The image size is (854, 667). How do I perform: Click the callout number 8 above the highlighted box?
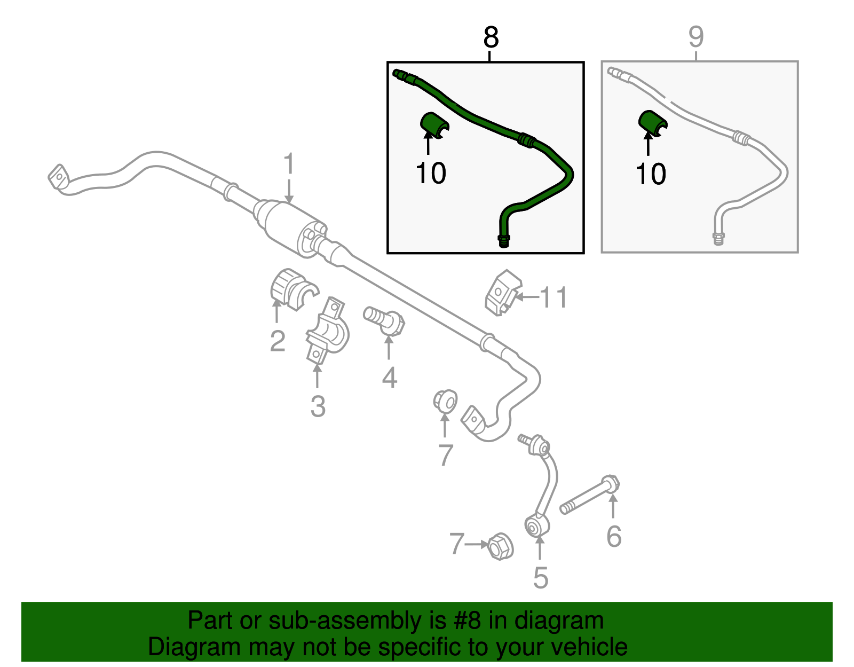pyautogui.click(x=491, y=38)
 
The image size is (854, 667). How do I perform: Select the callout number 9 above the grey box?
pyautogui.click(x=695, y=37)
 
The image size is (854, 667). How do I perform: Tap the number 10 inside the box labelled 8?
pyautogui.click(x=431, y=174)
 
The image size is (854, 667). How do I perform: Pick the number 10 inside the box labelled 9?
pyautogui.click(x=651, y=174)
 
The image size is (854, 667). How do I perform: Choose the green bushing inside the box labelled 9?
pyautogui.click(x=652, y=124)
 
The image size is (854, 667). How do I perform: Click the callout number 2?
pyautogui.click(x=278, y=341)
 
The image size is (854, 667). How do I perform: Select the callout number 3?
pyautogui.click(x=318, y=406)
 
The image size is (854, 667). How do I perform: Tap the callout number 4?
pyautogui.click(x=389, y=378)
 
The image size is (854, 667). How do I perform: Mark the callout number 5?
pyautogui.click(x=540, y=578)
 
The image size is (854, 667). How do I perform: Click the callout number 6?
pyautogui.click(x=614, y=536)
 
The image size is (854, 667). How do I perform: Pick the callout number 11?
pyautogui.click(x=553, y=297)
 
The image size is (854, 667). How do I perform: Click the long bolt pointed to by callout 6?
pyautogui.click(x=589, y=495)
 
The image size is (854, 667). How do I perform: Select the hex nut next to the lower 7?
pyautogui.click(x=500, y=546)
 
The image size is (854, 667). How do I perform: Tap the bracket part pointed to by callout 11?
pyautogui.click(x=503, y=293)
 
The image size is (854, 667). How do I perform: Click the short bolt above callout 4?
pyautogui.click(x=384, y=321)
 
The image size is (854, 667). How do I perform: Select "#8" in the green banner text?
pyautogui.click(x=465, y=621)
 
